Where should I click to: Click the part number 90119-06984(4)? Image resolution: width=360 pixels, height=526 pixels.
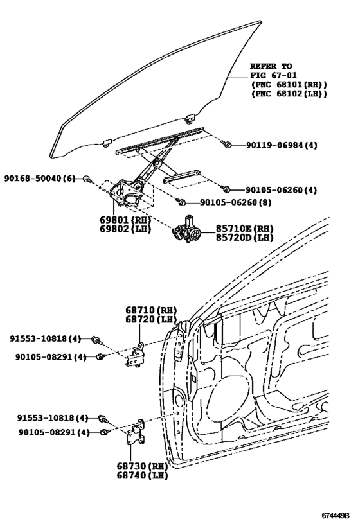pos(281,145)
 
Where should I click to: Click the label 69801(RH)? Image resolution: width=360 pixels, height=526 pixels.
pos(125,219)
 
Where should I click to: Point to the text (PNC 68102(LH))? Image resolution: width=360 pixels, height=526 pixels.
pos(289,94)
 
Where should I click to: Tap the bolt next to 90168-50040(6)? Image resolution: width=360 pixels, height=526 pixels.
pos(87,178)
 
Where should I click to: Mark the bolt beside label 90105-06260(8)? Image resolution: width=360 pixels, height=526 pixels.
pos(182,202)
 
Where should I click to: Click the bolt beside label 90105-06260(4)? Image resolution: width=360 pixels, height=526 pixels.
pos(226,189)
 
